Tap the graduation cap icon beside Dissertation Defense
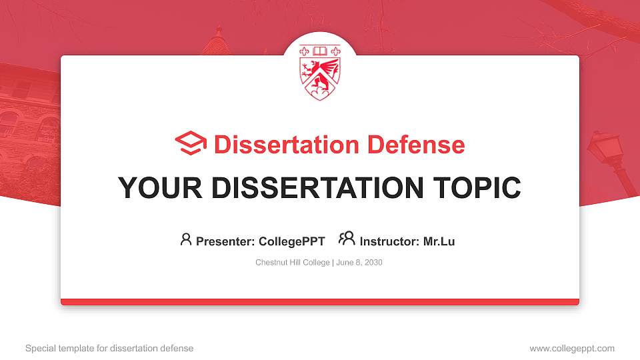point(191,143)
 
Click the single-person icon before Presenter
point(186,239)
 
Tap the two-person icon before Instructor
point(347,239)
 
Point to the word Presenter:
point(225,241)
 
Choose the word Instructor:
point(390,241)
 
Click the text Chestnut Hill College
point(292,263)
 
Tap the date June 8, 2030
point(359,263)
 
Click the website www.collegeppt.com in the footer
point(571,348)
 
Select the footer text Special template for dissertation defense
point(109,348)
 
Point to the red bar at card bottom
point(320,302)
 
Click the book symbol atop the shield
point(320,51)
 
